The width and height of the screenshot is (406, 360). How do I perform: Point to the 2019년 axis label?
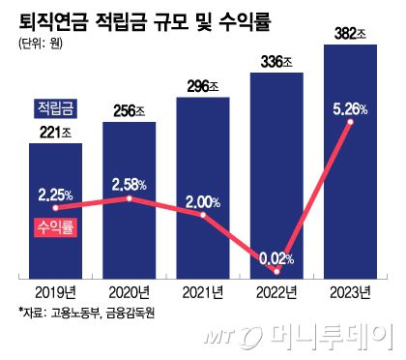pyautogui.click(x=55, y=291)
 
